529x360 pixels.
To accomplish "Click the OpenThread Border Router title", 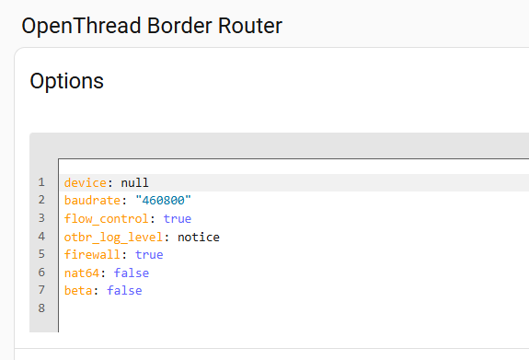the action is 152,27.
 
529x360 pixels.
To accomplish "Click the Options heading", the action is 67,82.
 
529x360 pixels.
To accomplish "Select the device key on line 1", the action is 86,182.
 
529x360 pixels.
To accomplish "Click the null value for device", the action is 134,182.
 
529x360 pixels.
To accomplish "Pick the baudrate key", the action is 92,201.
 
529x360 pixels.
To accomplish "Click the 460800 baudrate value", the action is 163,201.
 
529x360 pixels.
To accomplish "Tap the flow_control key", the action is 107,219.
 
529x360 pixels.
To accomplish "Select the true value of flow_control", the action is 178,219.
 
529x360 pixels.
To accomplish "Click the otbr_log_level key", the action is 113,237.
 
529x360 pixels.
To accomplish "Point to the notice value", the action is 199,237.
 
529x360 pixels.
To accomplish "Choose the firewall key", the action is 92,255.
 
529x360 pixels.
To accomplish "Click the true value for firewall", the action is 149,255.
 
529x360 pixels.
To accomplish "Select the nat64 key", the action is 82,273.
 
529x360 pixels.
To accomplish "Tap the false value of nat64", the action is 132,273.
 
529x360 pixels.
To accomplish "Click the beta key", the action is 78,290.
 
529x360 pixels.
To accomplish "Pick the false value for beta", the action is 124,290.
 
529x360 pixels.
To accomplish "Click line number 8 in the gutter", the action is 41,308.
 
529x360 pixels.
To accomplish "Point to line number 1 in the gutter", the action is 41,182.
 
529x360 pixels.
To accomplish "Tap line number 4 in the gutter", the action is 41,237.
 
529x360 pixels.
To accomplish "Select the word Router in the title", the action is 250,26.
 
